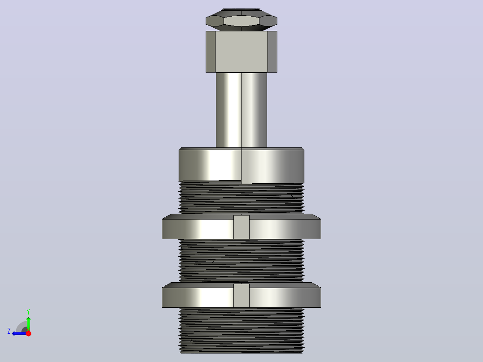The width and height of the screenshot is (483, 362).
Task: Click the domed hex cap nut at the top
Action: coord(241,20)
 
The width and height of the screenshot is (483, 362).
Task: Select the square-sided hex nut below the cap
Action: coord(241,52)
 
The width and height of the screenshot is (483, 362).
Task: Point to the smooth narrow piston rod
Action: coord(241,110)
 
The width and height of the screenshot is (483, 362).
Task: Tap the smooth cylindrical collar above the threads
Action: coord(241,165)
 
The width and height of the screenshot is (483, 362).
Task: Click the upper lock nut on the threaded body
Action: coord(241,226)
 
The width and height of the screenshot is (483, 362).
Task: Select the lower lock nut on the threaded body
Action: coord(241,295)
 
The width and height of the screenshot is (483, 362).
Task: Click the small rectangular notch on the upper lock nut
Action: coord(241,227)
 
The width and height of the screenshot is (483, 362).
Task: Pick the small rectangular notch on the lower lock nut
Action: coord(241,296)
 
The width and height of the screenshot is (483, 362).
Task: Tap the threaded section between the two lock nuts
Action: coord(241,261)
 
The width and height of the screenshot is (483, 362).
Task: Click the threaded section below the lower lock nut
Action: coord(241,330)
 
